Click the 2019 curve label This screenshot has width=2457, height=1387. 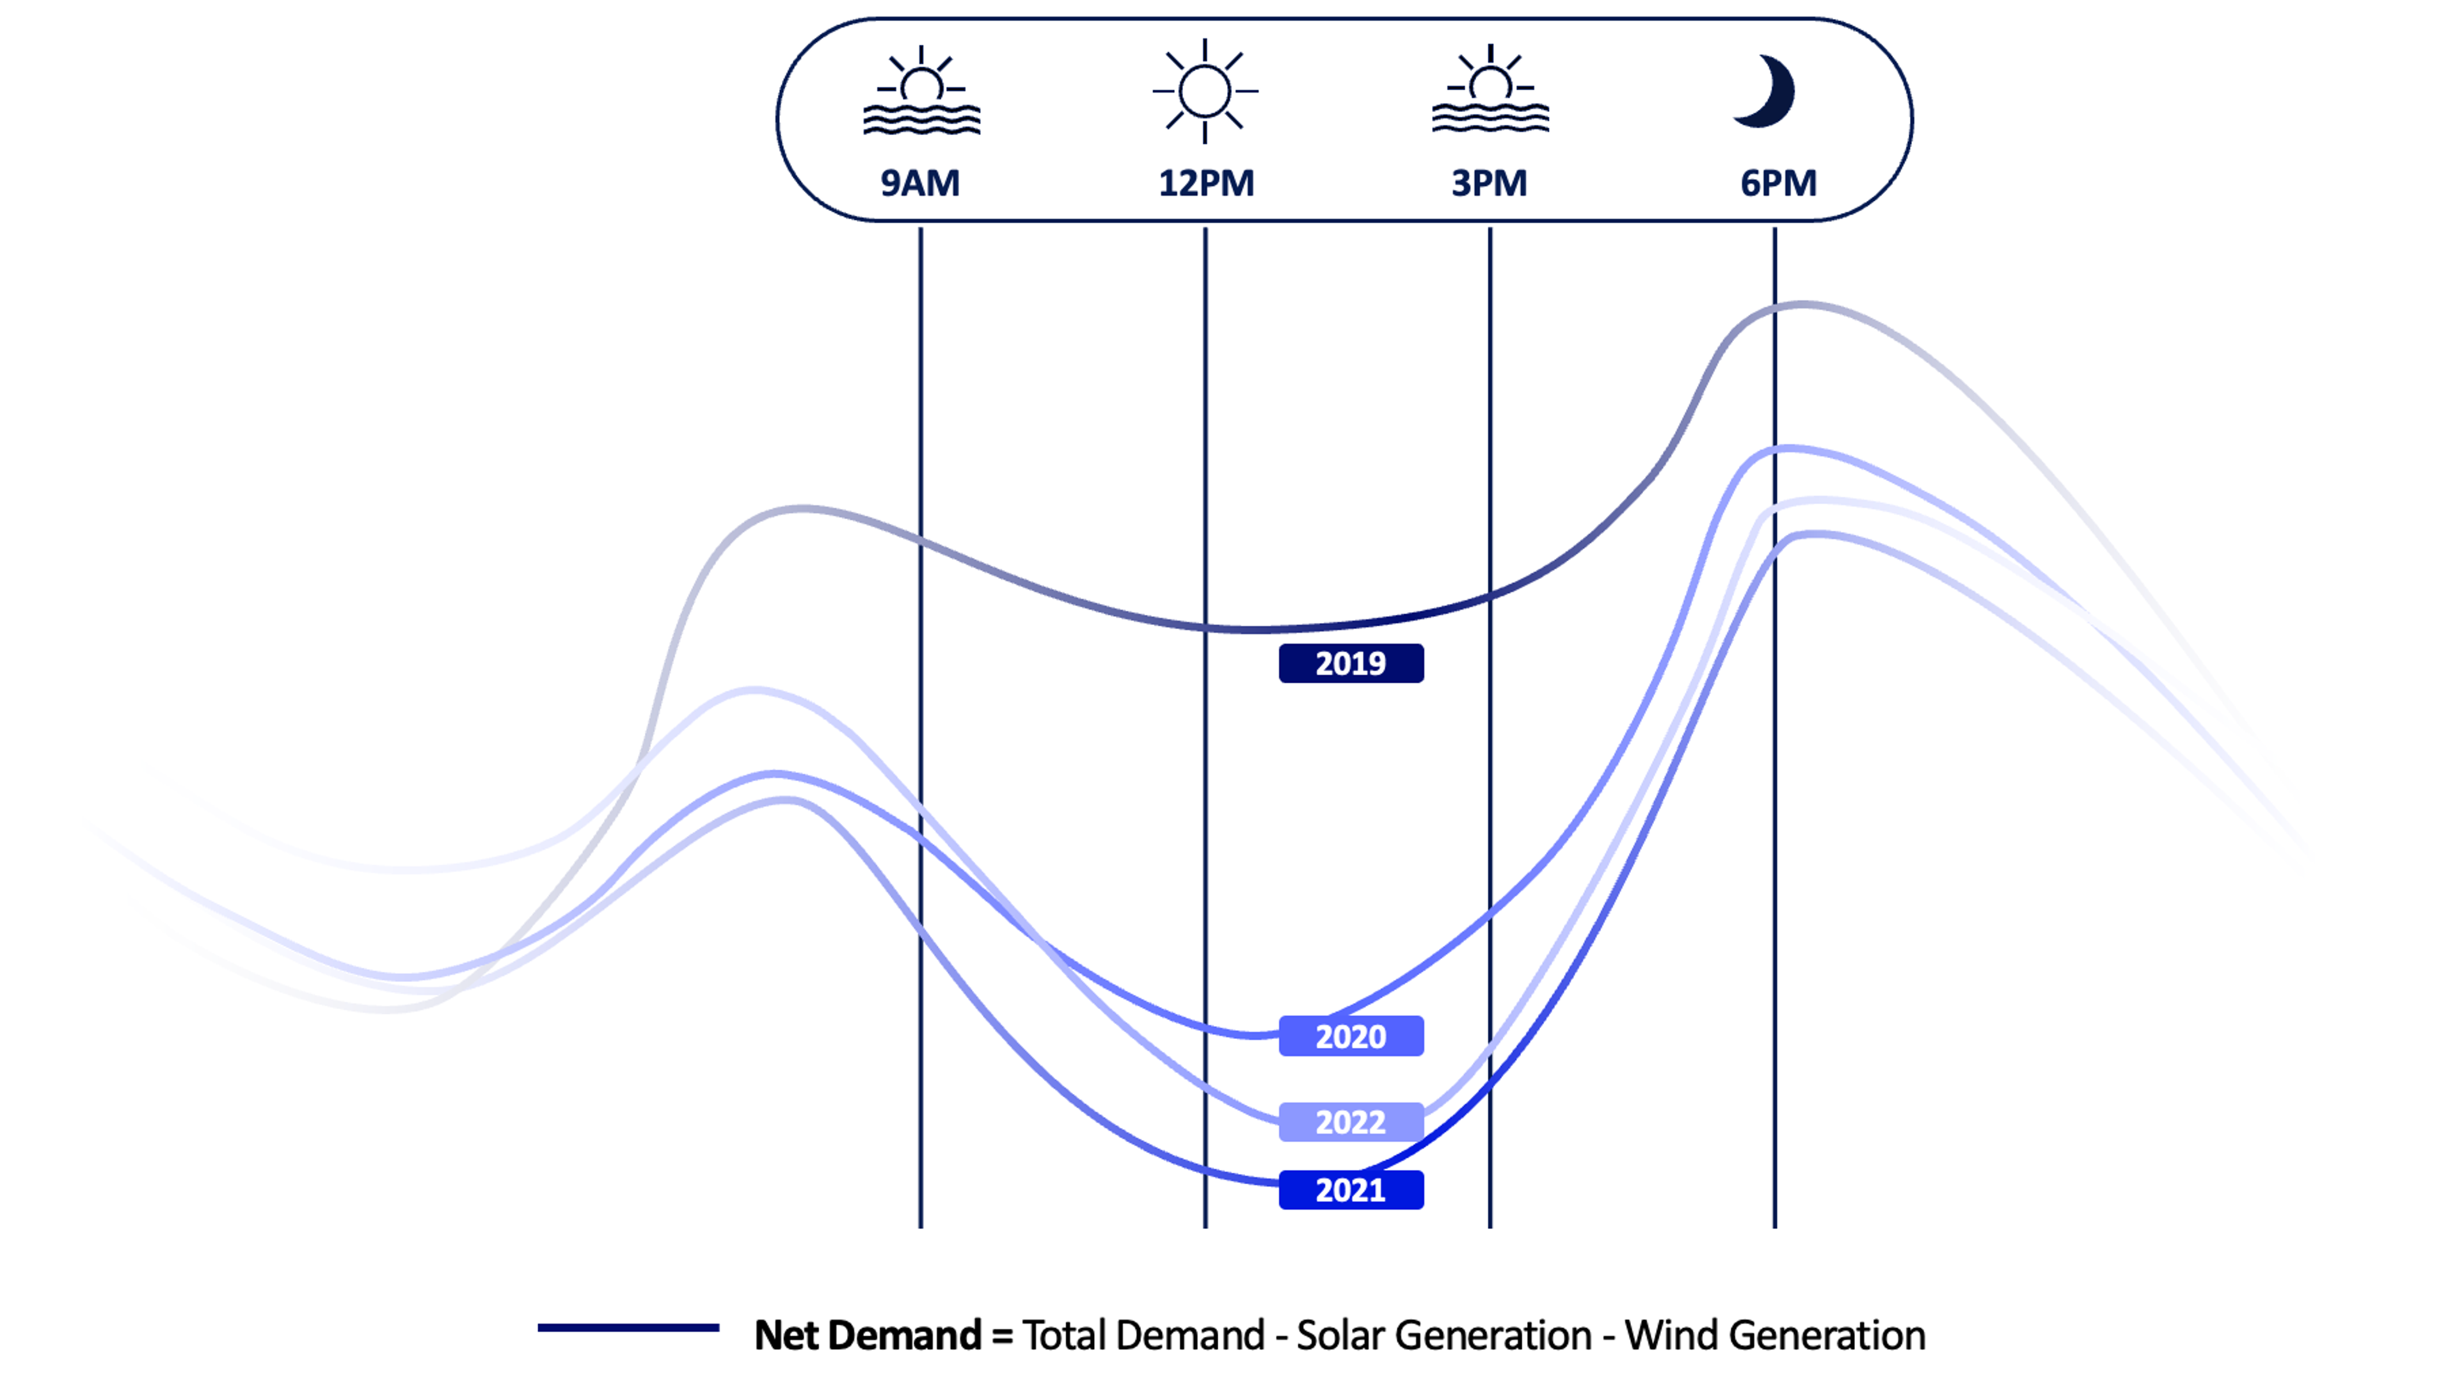1351,663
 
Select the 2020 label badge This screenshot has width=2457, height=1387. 1351,1036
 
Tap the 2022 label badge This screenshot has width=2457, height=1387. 1351,1121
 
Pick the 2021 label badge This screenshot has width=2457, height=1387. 1351,1189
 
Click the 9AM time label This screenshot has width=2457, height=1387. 919,182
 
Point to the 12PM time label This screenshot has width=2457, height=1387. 1205,182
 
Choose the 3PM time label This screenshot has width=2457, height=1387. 1489,182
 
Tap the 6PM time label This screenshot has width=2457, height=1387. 1778,182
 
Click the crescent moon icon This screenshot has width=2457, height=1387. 1767,91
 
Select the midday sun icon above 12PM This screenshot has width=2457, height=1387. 1205,91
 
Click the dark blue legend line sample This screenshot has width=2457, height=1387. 628,1327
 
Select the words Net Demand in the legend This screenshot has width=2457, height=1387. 867,1335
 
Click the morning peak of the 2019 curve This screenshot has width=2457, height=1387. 803,509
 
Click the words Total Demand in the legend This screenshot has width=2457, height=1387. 1143,1335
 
